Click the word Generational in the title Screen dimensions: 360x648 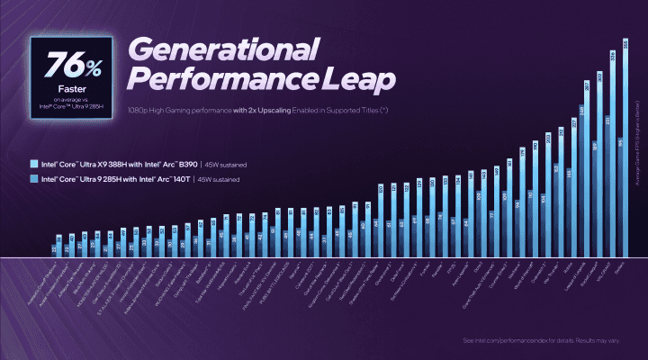click(226, 50)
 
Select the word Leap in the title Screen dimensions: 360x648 click(355, 80)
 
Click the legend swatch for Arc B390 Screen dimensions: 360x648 click(32, 165)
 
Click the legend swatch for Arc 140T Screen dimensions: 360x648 click(32, 179)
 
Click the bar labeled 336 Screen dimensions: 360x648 click(612, 153)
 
